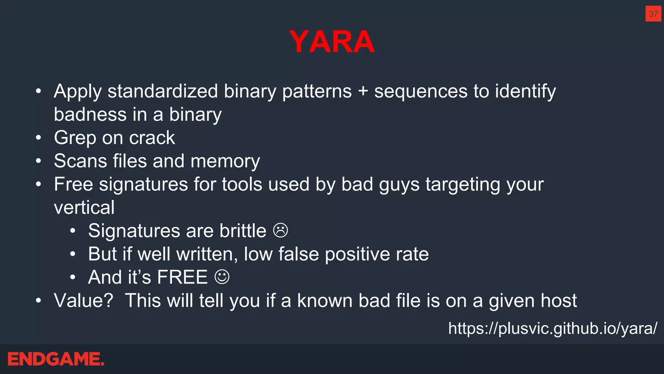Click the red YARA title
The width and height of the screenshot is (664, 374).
(332, 42)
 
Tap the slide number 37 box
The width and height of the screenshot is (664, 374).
(653, 14)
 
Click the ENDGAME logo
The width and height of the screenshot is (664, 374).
(56, 359)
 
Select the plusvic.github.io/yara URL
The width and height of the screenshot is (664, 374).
(552, 328)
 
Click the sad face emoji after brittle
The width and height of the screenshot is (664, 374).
(280, 231)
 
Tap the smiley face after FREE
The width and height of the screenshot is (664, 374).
(222, 277)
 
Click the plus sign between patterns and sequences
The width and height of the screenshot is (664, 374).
(363, 91)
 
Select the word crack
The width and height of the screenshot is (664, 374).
(152, 138)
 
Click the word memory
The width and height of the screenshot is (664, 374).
(225, 161)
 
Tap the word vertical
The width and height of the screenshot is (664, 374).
(84, 207)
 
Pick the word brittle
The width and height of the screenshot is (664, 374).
(243, 231)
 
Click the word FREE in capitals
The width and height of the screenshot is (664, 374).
(182, 277)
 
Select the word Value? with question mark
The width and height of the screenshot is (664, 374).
(84, 301)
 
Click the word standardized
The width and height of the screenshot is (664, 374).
(162, 91)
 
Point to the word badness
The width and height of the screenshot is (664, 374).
(90, 115)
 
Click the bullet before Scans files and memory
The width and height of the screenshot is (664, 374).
(39, 161)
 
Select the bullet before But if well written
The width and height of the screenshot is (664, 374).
(73, 254)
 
